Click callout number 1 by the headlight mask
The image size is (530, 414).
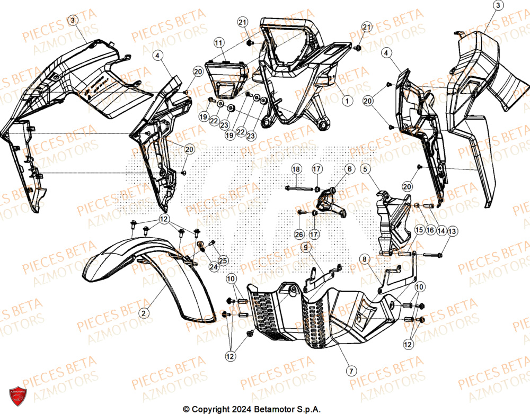pyautogui.click(x=346, y=100)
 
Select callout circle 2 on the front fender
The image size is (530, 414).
pyautogui.click(x=143, y=313)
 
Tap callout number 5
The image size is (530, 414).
pyautogui.click(x=365, y=169)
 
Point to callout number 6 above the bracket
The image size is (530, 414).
pyautogui.click(x=349, y=169)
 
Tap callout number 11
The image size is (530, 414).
pyautogui.click(x=219, y=42)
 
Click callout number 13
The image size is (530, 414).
pyautogui.click(x=452, y=231)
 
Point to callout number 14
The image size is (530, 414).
pyautogui.click(x=441, y=231)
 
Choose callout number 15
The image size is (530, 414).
pyautogui.click(x=419, y=231)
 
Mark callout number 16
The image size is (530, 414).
pyautogui.click(x=430, y=231)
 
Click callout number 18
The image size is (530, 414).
pyautogui.click(x=296, y=169)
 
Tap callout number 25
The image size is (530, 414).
pyautogui.click(x=223, y=260)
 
